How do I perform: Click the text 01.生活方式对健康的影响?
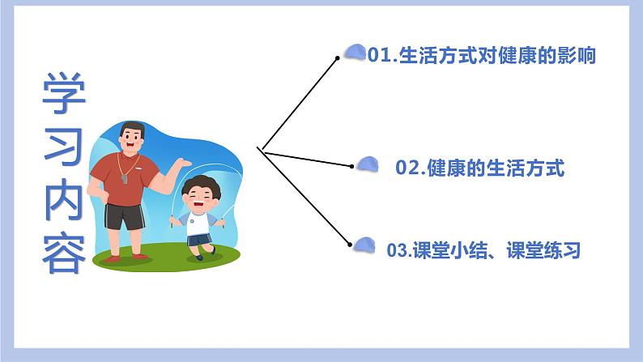coord(482,56)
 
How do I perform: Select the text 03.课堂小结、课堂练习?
coord(484,250)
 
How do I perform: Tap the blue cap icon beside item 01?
coord(353,53)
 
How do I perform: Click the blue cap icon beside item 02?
coord(368,164)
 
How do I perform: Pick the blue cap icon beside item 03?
coord(365,244)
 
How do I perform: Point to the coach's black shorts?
coord(126,216)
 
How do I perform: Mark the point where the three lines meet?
coord(259,148)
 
